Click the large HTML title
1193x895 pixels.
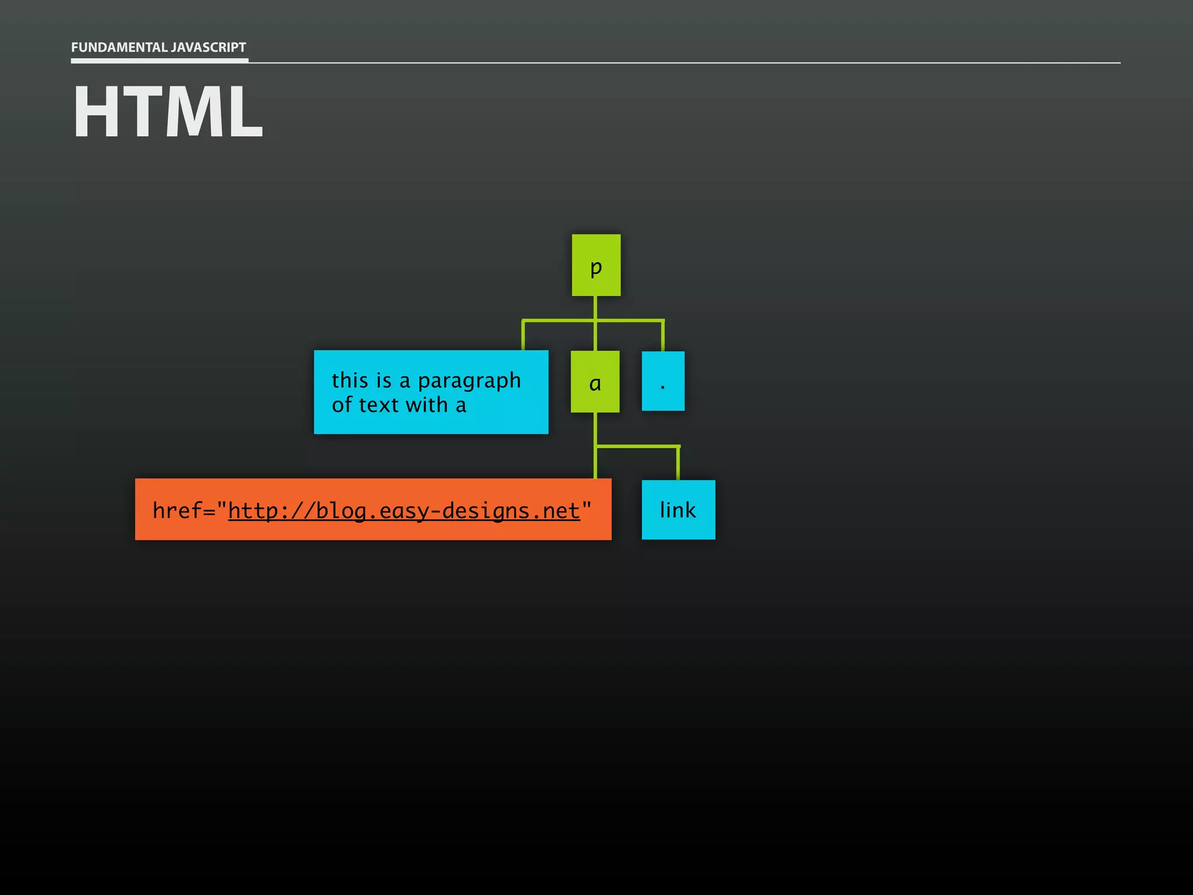coord(168,111)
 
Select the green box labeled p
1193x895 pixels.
coord(596,265)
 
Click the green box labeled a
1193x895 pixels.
coord(595,382)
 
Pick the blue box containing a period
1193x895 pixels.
coord(663,381)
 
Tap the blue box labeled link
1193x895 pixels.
coord(678,510)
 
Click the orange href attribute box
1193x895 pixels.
coord(373,509)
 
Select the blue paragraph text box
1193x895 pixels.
coord(430,392)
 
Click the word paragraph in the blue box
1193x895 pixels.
coord(469,381)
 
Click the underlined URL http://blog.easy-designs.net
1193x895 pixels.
coord(404,511)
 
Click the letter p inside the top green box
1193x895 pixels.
coord(596,267)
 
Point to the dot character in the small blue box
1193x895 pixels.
coord(663,386)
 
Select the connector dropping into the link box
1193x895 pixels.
coord(678,464)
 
